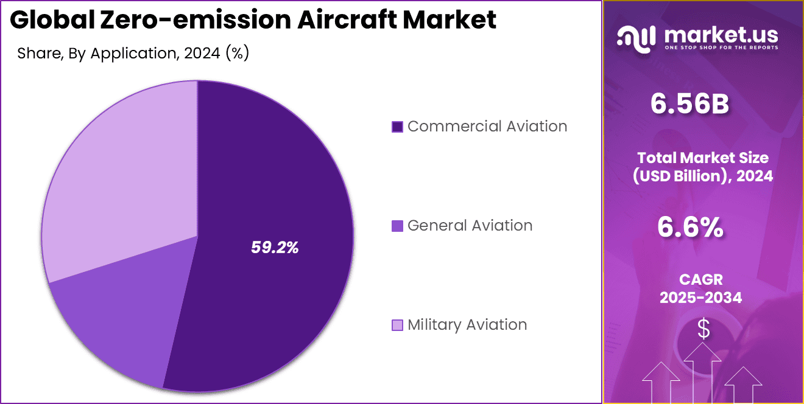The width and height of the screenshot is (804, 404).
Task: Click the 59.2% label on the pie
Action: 275,247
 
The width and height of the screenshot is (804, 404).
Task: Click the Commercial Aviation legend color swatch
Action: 397,127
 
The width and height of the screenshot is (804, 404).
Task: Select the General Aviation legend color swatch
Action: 397,226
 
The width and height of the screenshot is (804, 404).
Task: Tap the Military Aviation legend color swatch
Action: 397,325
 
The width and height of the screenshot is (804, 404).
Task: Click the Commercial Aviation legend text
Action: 487,127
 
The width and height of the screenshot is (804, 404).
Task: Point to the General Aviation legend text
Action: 470,226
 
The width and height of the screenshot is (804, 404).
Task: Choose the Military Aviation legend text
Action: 467,325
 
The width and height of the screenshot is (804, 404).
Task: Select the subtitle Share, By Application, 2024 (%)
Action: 133,53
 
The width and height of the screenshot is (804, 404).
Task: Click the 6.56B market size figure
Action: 689,105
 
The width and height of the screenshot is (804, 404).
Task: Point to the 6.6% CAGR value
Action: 690,228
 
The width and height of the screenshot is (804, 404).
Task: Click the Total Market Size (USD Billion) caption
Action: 702,167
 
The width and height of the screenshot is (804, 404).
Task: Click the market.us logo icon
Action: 636,38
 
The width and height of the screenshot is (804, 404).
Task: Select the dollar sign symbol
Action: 703,329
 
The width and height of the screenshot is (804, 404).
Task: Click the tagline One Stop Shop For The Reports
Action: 721,47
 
